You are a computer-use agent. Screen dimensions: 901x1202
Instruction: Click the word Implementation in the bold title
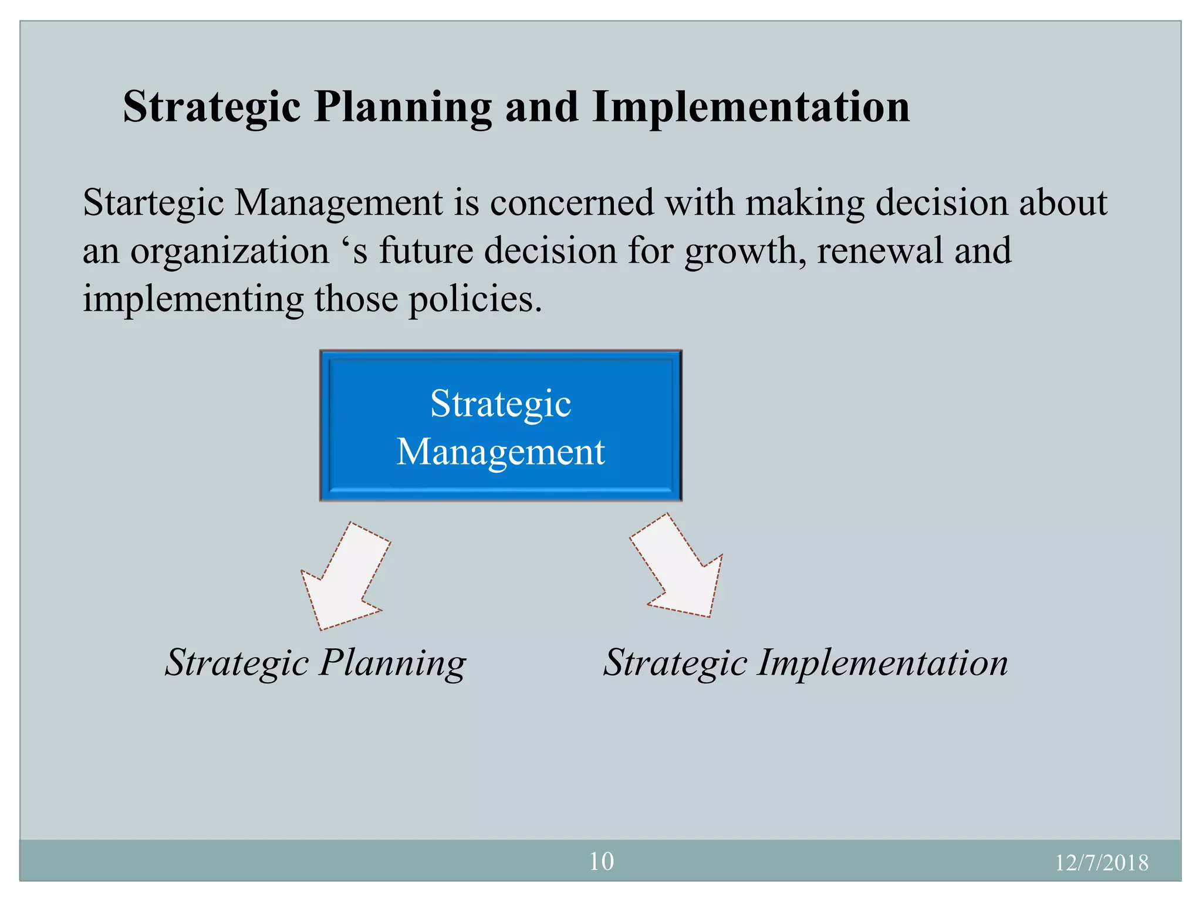[751, 107]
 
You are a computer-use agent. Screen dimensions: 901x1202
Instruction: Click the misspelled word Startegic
[153, 203]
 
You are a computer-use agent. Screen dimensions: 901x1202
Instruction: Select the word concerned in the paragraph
[571, 203]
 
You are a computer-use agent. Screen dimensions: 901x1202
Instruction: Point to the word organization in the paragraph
[229, 251]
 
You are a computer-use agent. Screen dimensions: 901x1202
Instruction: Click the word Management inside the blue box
[501, 452]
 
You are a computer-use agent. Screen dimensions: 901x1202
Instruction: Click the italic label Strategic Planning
[315, 663]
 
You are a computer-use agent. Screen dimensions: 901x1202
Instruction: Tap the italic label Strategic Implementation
[805, 663]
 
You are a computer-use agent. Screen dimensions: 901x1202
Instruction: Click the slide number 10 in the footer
[601, 861]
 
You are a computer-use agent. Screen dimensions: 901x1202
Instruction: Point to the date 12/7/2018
[1101, 863]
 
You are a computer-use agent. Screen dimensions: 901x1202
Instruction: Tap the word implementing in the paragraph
[193, 300]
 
